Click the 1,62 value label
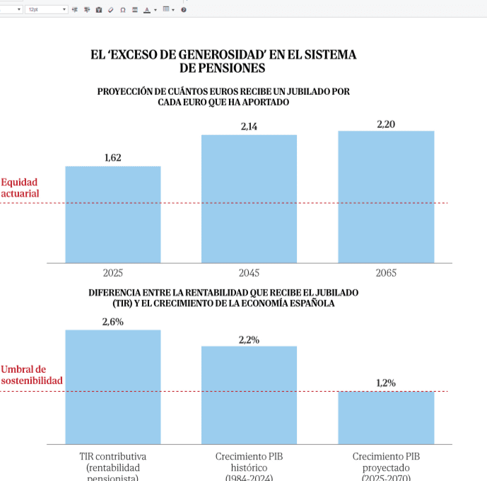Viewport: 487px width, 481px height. coord(113,158)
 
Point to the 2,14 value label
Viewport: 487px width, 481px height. coord(249,127)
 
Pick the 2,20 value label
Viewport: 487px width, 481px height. coord(386,124)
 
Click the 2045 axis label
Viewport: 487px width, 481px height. coord(249,273)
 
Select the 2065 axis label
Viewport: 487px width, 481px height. coord(386,273)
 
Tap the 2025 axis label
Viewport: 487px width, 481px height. coord(113,273)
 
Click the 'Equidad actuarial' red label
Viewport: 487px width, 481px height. coord(20,187)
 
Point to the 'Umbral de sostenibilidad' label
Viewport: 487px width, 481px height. coord(31,375)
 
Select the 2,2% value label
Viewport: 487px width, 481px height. coord(249,340)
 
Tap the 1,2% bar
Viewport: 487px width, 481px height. coord(386,417)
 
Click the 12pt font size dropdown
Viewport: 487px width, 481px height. coord(47,10)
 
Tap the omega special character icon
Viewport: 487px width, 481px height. coord(124,10)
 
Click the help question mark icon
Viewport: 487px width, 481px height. coord(184,10)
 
